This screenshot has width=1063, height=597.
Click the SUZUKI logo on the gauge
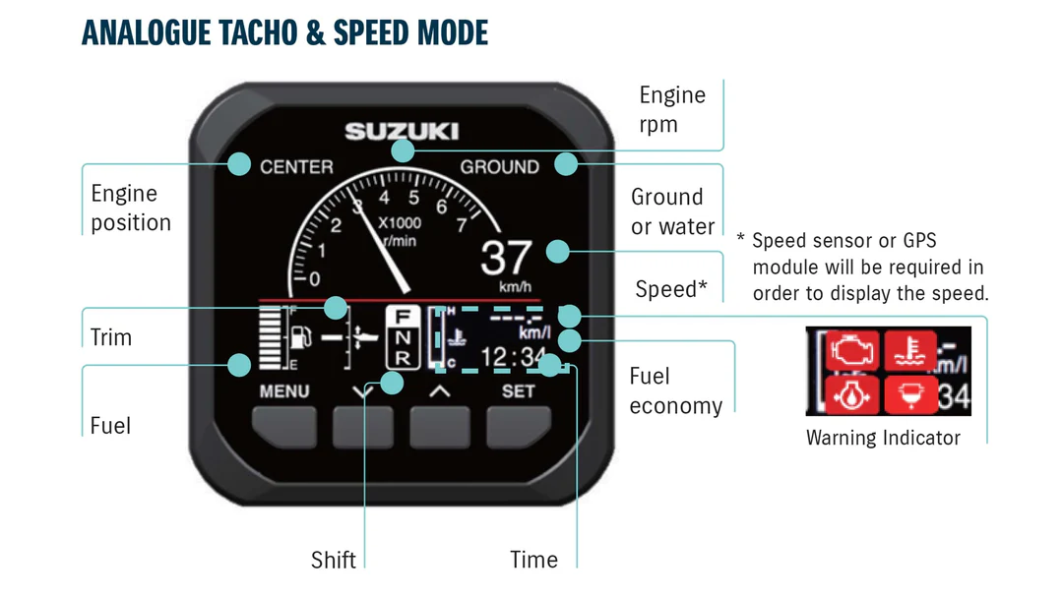pyautogui.click(x=402, y=131)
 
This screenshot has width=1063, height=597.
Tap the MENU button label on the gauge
pyautogui.click(x=284, y=391)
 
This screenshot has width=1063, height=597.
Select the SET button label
pyautogui.click(x=519, y=391)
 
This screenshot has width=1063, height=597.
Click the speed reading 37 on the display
pyautogui.click(x=507, y=259)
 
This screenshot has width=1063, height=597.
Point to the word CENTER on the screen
pyautogui.click(x=296, y=167)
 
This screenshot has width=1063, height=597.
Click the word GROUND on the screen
pyautogui.click(x=500, y=167)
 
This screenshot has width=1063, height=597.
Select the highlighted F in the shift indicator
pyautogui.click(x=404, y=317)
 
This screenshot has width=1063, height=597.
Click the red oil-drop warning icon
pyautogui.click(x=851, y=394)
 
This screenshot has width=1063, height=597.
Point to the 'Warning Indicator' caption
pyautogui.click(x=883, y=438)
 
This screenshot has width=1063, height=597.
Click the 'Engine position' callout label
pyautogui.click(x=130, y=209)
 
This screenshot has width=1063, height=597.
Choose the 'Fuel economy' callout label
pyautogui.click(x=675, y=390)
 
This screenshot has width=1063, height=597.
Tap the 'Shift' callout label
pyautogui.click(x=334, y=560)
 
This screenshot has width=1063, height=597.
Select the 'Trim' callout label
pyautogui.click(x=110, y=337)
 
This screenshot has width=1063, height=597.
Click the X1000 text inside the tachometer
pyautogui.click(x=400, y=223)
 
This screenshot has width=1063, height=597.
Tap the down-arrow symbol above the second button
pyautogui.click(x=362, y=391)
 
